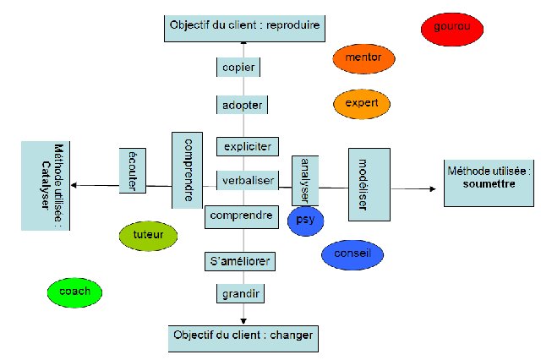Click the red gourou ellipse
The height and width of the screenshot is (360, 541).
click(x=452, y=28)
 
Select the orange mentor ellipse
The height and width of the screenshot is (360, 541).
click(x=363, y=58)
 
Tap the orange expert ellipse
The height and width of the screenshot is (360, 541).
click(x=362, y=103)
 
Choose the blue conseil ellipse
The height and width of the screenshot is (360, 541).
click(x=352, y=254)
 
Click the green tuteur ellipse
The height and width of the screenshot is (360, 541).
click(x=149, y=235)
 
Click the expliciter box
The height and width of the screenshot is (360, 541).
click(x=247, y=147)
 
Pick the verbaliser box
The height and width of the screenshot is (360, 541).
click(x=247, y=181)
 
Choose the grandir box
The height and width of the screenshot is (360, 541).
click(x=240, y=294)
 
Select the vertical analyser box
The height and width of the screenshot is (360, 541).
click(x=301, y=180)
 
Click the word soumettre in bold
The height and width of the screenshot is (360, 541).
click(x=490, y=183)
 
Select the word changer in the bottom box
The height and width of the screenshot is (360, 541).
click(x=291, y=335)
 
